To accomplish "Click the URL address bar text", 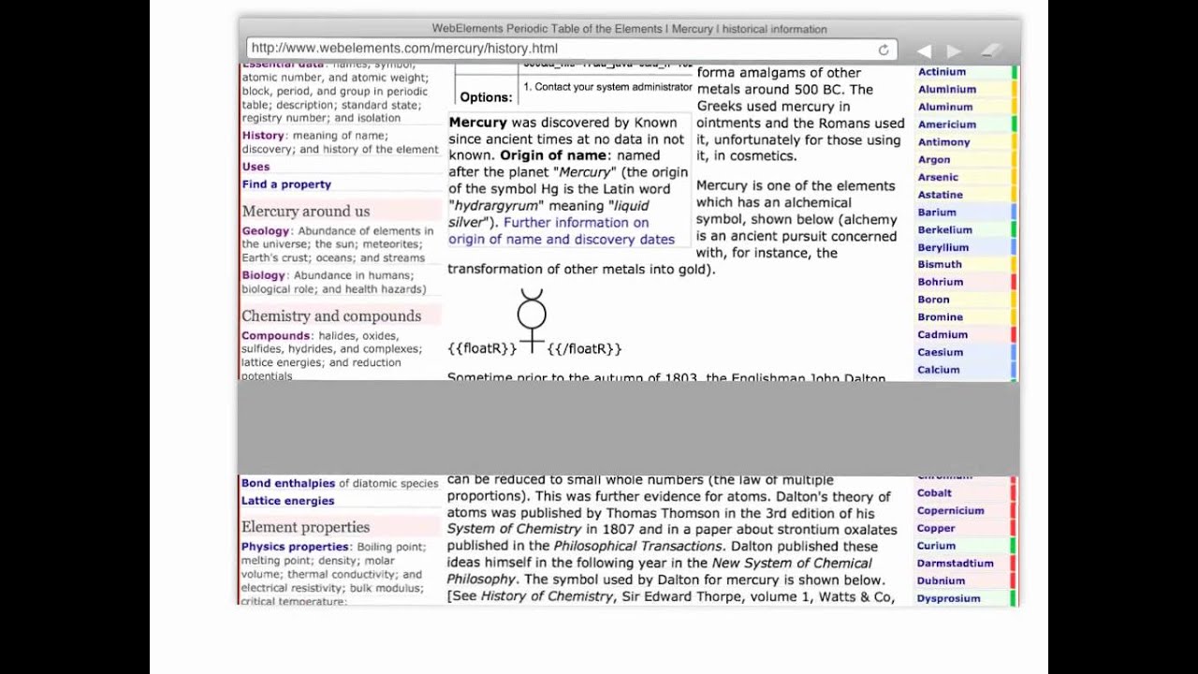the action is point(404,49).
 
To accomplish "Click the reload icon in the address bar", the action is point(883,50).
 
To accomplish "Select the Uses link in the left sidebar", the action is point(256,167).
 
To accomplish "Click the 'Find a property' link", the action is point(286,184).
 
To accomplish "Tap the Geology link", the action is point(266,231).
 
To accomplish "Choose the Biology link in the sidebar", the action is point(263,275).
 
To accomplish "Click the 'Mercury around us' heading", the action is point(306,212).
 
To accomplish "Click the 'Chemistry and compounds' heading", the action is point(331,316).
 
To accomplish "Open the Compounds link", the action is point(275,336).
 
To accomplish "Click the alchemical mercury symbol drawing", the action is point(532,319).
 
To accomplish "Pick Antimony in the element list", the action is point(943,142).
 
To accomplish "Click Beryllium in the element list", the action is point(942,247).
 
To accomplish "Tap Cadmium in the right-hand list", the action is point(942,334).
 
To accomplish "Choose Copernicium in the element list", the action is point(950,510).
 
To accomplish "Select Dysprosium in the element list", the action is point(948,598).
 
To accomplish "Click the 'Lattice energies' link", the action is point(287,501).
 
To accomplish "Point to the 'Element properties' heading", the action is point(305,527).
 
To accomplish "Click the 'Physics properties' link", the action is point(295,547).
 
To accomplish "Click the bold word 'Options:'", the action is point(486,97).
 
